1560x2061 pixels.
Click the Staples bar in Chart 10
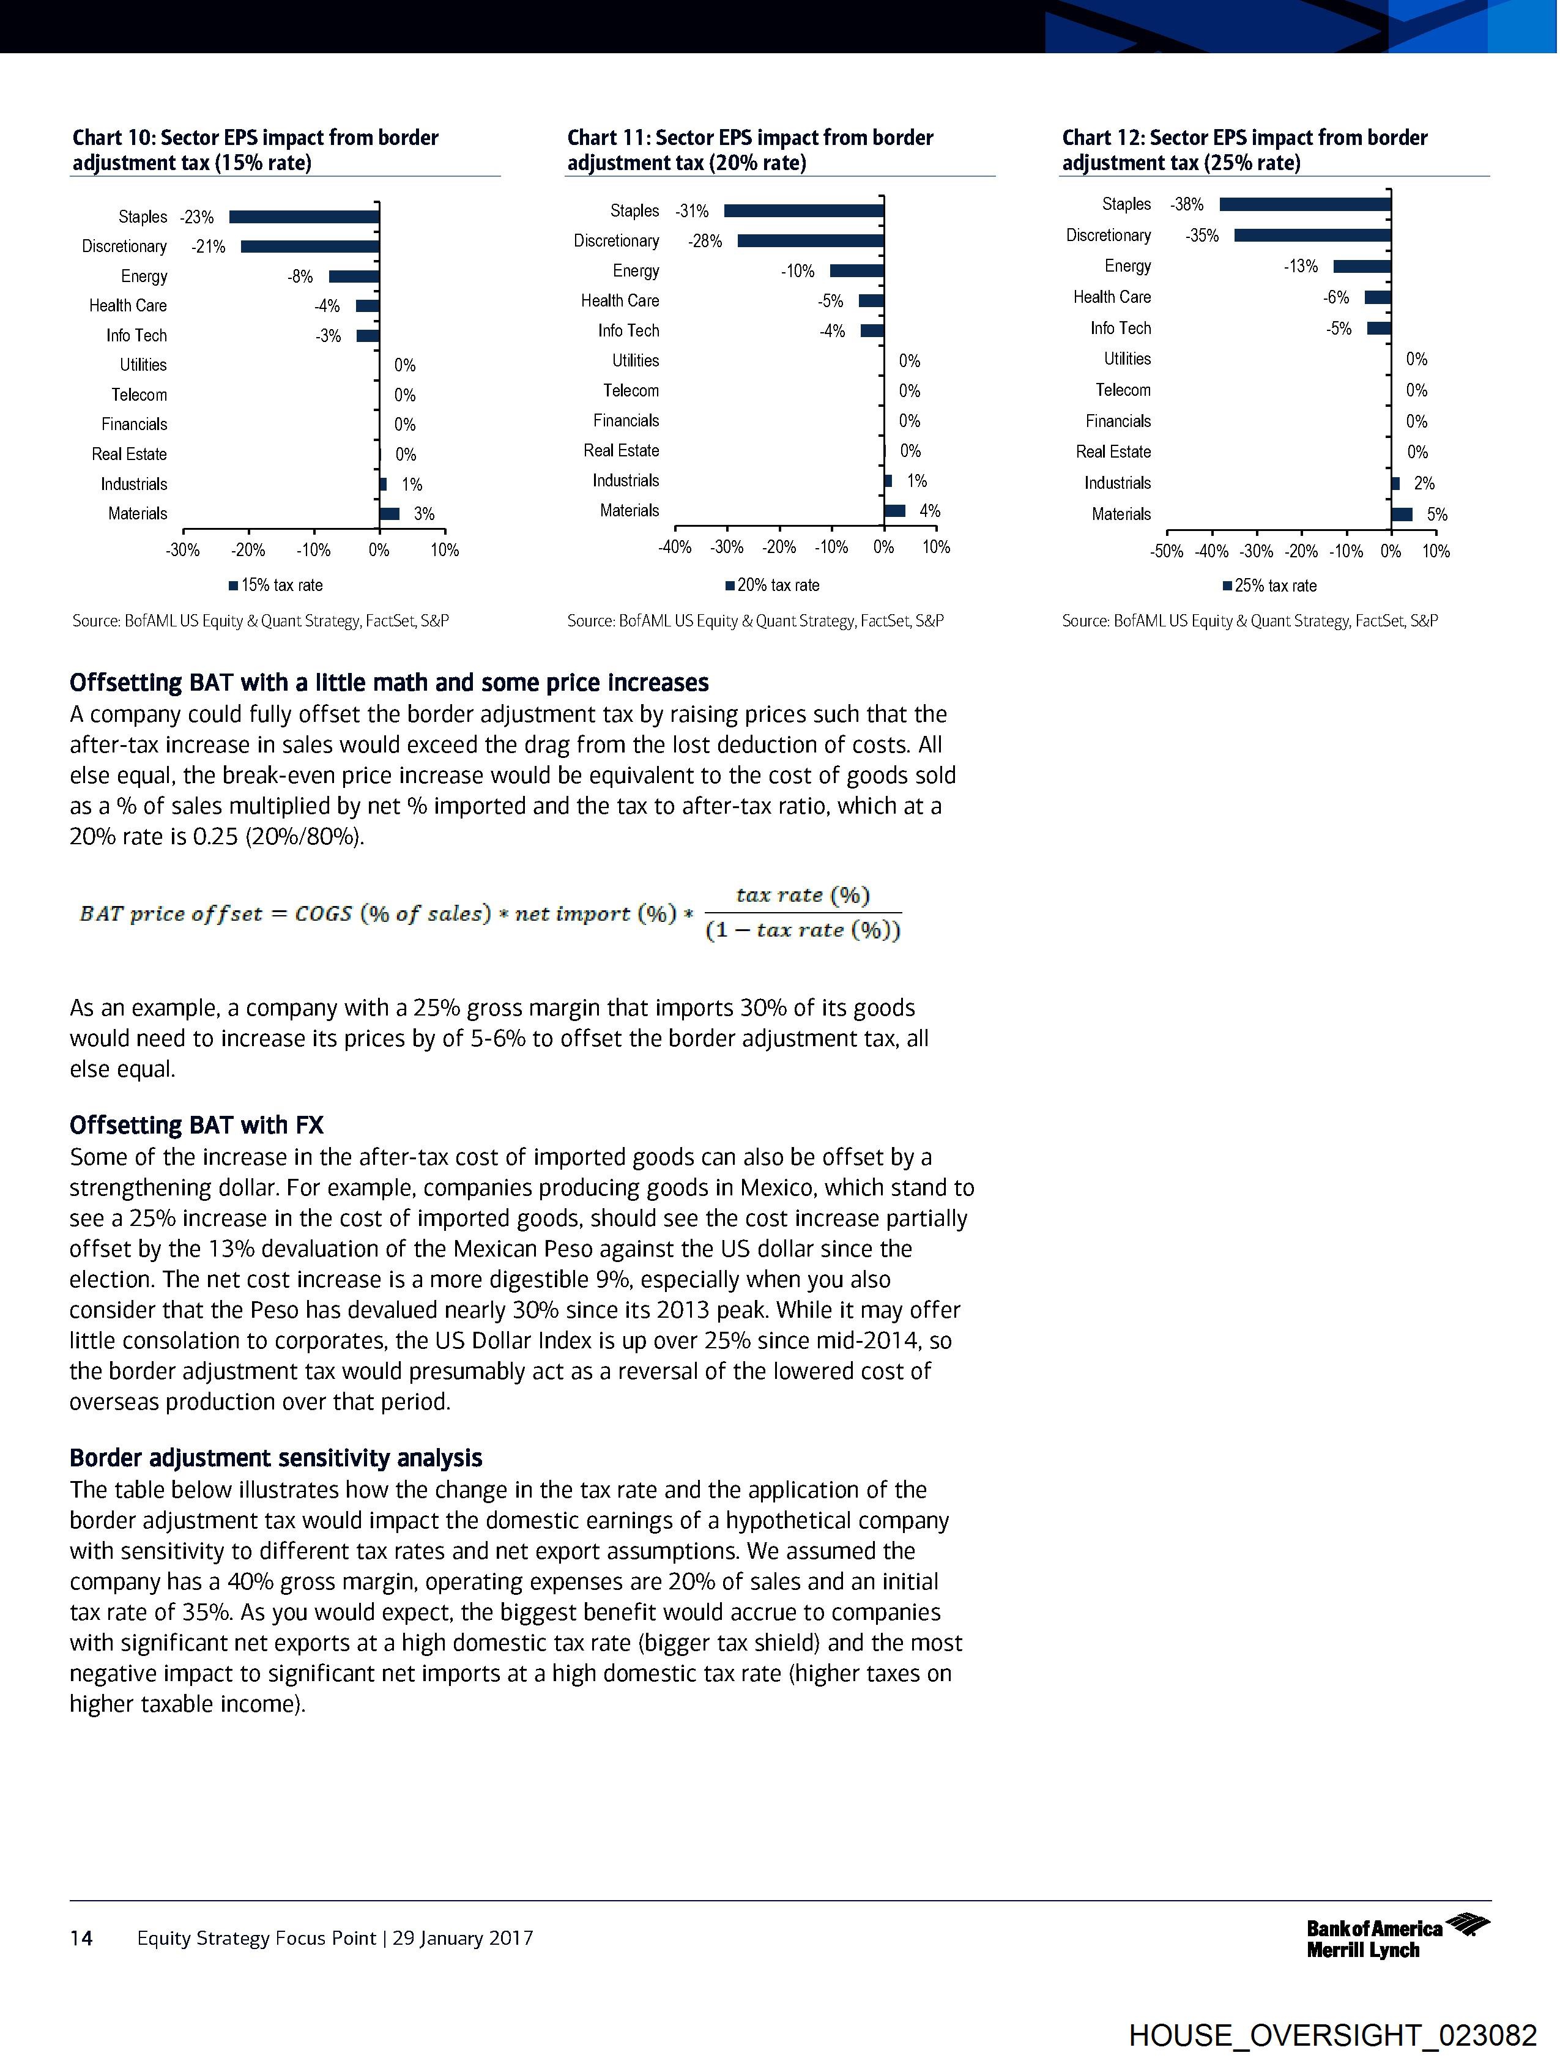tap(304, 217)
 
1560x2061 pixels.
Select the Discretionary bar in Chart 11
tap(810, 241)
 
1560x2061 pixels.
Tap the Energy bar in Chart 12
tap(1362, 267)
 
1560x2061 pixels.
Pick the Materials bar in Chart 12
tap(1402, 514)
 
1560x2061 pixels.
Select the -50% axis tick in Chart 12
tap(1167, 552)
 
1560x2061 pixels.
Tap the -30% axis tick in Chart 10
tap(183, 551)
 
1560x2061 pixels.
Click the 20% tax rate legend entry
tap(773, 585)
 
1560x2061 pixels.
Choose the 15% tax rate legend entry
tap(276, 585)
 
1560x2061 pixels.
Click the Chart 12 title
tap(1244, 150)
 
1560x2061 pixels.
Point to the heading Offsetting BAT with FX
tap(196, 1126)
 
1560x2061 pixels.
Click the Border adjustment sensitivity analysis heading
tap(276, 1458)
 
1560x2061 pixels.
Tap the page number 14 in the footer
tap(81, 1938)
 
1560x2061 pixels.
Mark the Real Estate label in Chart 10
tap(130, 455)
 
